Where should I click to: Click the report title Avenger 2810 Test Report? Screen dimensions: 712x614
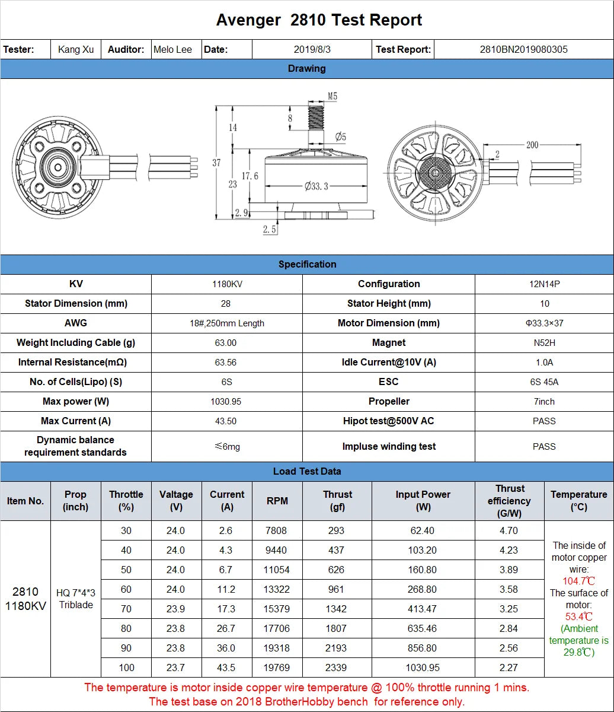pyautogui.click(x=319, y=20)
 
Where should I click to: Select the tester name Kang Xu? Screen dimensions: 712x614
pyautogui.click(x=76, y=49)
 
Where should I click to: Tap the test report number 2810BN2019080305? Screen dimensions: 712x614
pyautogui.click(x=523, y=49)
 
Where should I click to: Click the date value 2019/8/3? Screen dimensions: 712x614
pyautogui.click(x=312, y=49)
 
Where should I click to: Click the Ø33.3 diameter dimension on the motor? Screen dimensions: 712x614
pyautogui.click(x=316, y=186)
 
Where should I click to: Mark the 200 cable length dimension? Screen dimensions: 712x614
pyautogui.click(x=532, y=145)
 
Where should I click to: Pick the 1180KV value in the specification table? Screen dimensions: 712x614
pyautogui.click(x=227, y=284)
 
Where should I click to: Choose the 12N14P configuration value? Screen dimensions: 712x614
pyautogui.click(x=544, y=284)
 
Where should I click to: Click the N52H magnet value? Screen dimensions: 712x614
pyautogui.click(x=544, y=343)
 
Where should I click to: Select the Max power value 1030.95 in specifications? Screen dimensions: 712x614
pyautogui.click(x=226, y=402)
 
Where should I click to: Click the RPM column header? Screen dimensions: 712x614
pyautogui.click(x=277, y=501)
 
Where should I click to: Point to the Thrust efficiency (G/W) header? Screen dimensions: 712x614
pyautogui.click(x=509, y=501)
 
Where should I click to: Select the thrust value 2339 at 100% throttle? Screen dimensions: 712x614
pyautogui.click(x=336, y=667)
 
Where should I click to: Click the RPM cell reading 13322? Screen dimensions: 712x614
pyautogui.click(x=277, y=589)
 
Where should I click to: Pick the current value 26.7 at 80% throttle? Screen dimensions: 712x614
pyautogui.click(x=226, y=628)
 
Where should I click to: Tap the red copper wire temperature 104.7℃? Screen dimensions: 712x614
pyautogui.click(x=579, y=581)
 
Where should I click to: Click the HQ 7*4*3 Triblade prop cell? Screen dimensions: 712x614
pyautogui.click(x=76, y=599)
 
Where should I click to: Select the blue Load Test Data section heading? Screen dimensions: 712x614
pyautogui.click(x=307, y=472)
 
